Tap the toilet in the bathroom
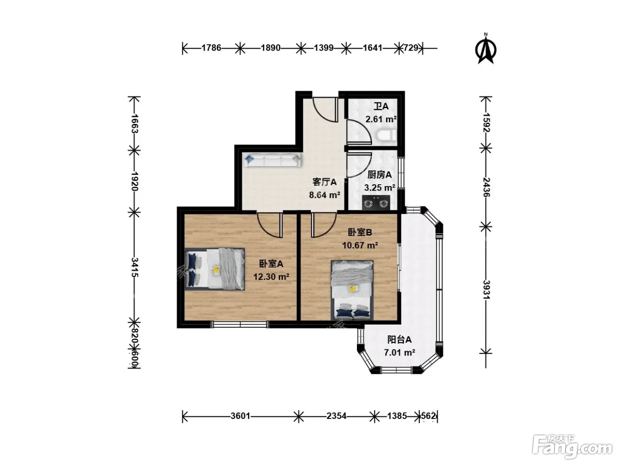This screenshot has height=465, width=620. pos(387,135)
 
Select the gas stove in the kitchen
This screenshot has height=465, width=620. pos(376,202)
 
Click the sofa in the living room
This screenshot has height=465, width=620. pos(272,160)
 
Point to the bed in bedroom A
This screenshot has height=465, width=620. pos(214,269)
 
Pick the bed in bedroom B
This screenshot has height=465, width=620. pos(352,290)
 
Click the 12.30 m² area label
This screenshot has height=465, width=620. pos(271,277)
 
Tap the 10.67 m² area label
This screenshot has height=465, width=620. pos(360,245)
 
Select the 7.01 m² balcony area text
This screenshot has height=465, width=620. pos(399,353)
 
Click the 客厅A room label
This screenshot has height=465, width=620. pos(324,182)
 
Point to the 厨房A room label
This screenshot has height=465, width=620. pos(379,175)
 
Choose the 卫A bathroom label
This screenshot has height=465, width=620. pos(381,106)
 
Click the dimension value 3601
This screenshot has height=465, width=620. pos(240,416)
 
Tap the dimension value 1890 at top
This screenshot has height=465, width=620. pos(270,48)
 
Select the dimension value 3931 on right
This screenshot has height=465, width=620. pos(486,290)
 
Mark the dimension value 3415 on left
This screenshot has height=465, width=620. pos(135,267)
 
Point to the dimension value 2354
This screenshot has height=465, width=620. pos(336,416)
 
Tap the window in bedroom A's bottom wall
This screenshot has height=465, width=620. pos(240,325)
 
